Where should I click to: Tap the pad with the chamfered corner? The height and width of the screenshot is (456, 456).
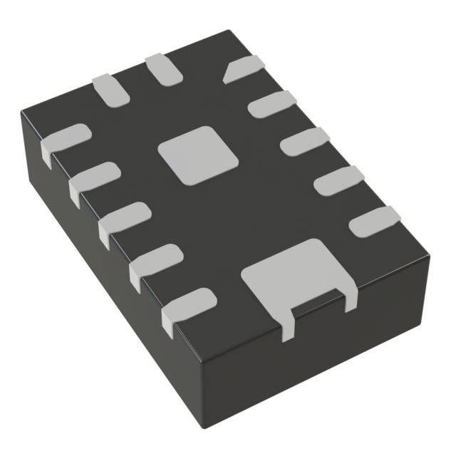(244, 70)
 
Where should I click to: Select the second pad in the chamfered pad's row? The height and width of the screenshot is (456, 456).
(271, 104)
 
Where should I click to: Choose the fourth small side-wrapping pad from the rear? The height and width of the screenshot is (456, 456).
(154, 261)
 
